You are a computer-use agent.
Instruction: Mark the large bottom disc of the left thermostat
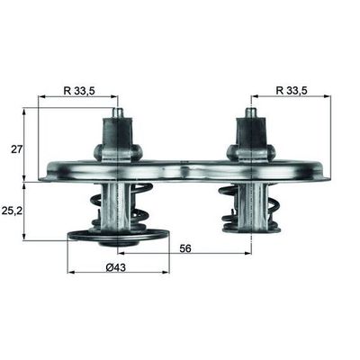[118, 237]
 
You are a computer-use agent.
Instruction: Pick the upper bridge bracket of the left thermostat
[116, 139]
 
